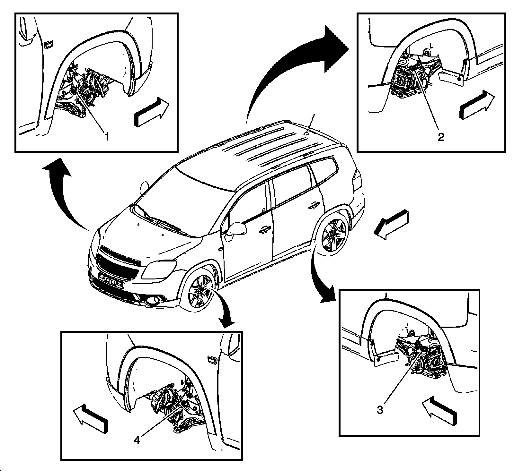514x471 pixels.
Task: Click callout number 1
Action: click(x=106, y=137)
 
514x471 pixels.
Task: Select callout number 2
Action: click(x=441, y=137)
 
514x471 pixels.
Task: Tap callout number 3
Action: click(x=380, y=410)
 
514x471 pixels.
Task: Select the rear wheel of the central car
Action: click(x=334, y=236)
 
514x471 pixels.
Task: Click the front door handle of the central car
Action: click(x=264, y=229)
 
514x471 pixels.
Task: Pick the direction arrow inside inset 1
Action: click(x=151, y=111)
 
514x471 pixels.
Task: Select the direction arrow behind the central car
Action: click(x=392, y=224)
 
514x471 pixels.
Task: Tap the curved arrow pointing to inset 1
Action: click(x=64, y=193)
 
